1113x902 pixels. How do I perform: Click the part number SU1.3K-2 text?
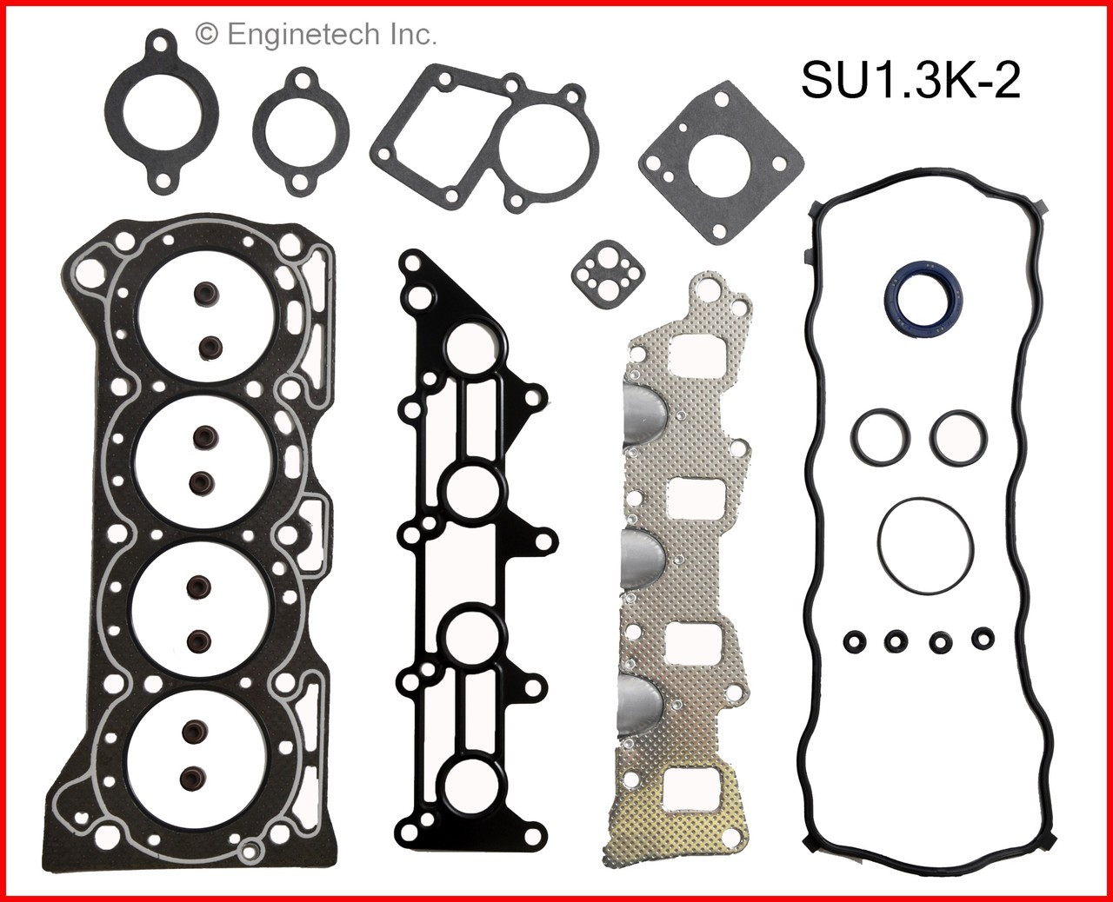point(910,84)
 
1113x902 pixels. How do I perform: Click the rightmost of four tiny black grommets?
point(984,640)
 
